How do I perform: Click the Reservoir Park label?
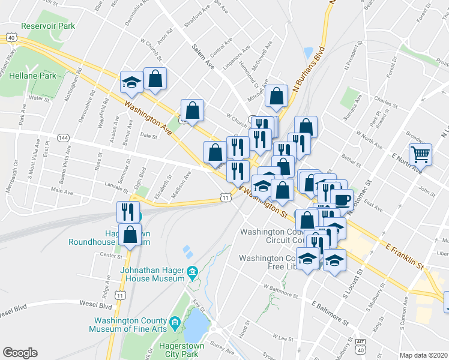point(47,26)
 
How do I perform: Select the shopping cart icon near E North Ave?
point(421,154)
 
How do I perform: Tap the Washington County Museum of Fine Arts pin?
point(175,323)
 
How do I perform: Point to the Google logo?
point(20,353)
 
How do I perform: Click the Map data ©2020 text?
point(424,355)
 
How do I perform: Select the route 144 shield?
point(62,138)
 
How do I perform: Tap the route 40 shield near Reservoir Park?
point(11,38)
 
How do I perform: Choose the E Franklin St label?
point(405,256)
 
